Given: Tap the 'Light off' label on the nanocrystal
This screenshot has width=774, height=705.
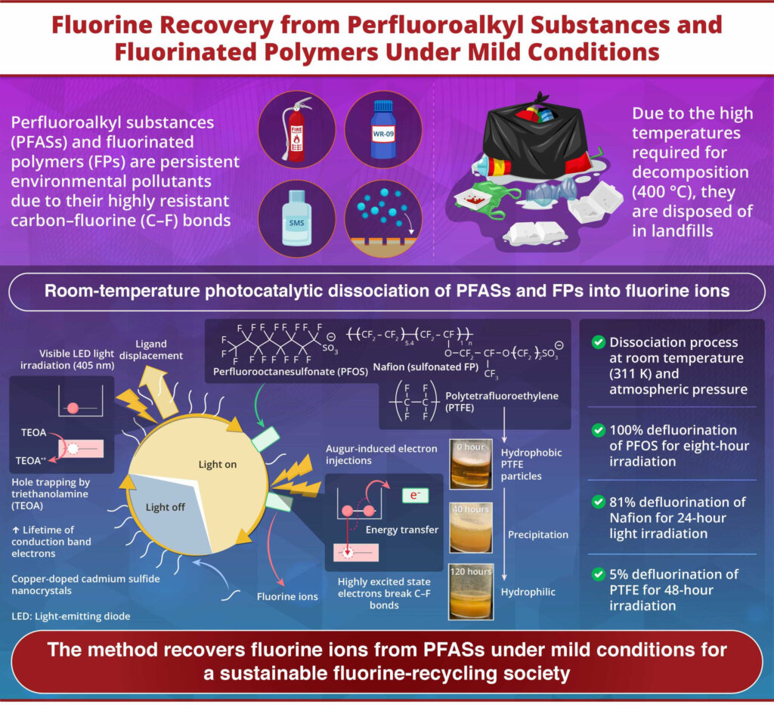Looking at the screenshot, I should click(165, 507).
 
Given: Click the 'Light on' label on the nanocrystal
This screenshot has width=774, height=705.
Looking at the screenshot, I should click(217, 464).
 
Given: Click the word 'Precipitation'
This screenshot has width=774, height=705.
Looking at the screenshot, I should click(537, 534).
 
